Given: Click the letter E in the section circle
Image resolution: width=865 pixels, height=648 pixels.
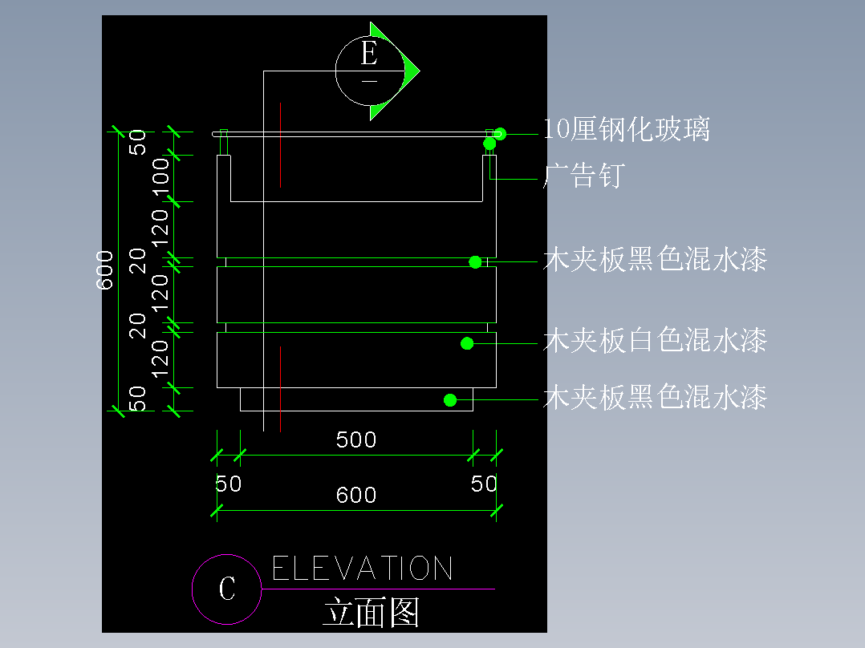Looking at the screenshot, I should pos(369,55).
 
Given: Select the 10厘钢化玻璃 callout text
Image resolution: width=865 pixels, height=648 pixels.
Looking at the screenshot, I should pos(627,129).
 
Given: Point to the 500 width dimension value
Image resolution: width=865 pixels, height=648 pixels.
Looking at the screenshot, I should pos(356,439).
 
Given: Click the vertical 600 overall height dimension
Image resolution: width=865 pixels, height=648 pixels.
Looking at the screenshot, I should pos(105,269).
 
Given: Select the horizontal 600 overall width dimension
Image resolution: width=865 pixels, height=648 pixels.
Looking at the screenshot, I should pos(356,495).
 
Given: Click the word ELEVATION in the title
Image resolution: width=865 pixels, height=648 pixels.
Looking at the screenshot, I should pos(363,569).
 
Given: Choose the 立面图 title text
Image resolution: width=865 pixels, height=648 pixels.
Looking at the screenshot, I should pos(372,614).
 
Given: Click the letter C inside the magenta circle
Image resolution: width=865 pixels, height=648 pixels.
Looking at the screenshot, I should pos(227,589).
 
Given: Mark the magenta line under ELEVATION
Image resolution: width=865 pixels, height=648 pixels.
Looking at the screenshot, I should pos(377,589).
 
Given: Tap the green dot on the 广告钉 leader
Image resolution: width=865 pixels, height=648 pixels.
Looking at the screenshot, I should pos(489,144).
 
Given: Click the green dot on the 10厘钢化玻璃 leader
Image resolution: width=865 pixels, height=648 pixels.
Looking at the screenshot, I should pos(500,134).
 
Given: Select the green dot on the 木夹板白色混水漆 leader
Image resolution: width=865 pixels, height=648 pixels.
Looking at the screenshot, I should pos(466,343).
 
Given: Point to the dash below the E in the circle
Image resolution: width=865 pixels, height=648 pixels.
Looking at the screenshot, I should pos(369,81).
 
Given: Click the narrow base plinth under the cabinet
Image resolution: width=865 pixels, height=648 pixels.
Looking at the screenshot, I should pos(356,399).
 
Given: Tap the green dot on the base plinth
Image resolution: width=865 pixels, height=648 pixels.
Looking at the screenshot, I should pos(451,399).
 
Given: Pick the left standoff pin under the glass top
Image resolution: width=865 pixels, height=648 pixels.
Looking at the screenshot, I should pos(224,143).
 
